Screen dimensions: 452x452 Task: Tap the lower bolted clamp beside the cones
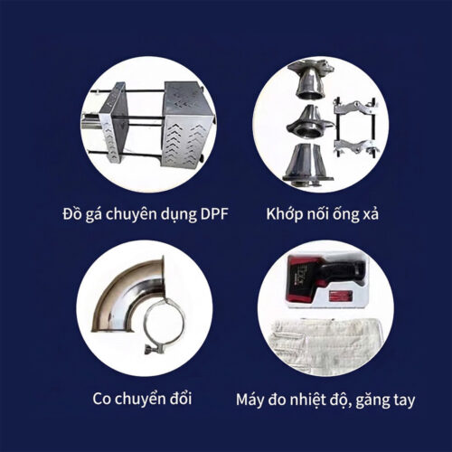pyautogui.click(x=355, y=146)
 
